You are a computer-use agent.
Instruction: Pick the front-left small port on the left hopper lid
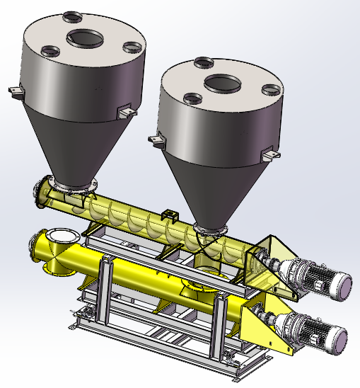point(51,51)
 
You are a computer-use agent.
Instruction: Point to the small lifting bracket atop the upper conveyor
point(168,215)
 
